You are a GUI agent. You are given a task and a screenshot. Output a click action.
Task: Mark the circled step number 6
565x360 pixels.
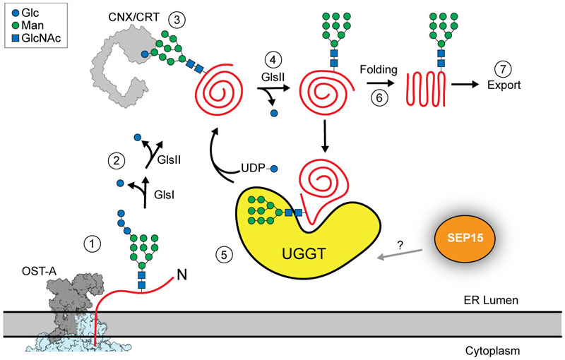(379, 100)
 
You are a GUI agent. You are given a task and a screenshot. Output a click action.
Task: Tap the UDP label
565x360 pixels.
(253, 169)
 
